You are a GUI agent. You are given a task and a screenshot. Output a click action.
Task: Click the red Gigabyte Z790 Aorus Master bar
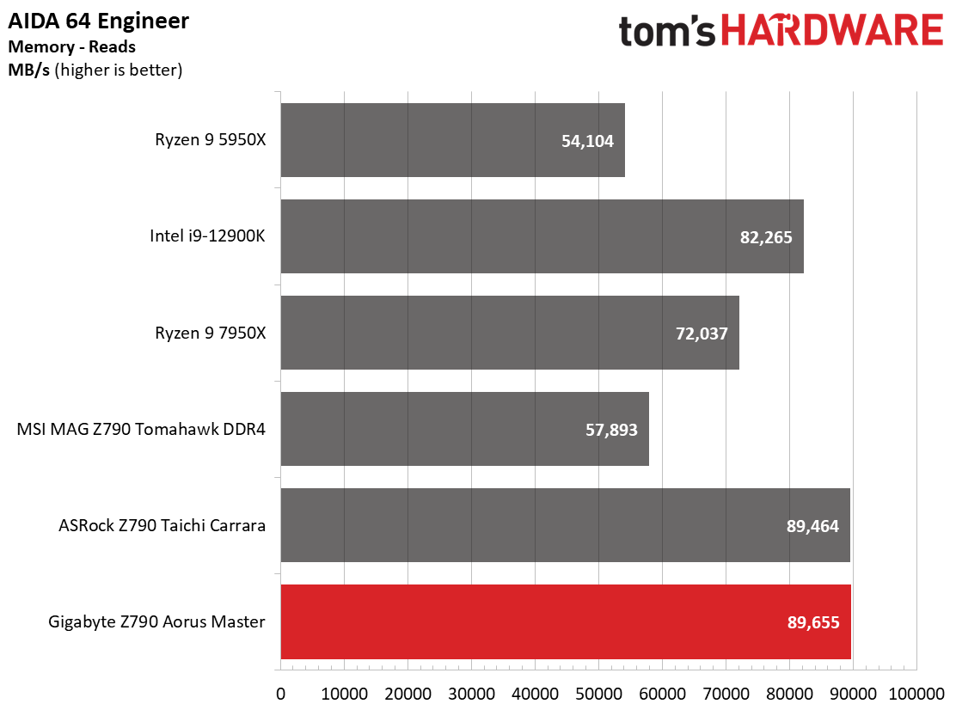pos(566,621)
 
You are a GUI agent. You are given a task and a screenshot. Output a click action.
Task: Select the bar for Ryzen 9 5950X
pos(453,140)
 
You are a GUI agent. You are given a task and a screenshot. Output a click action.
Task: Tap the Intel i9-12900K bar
pos(542,236)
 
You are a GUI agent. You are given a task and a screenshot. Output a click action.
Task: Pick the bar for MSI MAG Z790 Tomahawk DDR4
pos(464,429)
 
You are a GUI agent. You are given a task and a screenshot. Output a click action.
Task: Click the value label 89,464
pos(812,526)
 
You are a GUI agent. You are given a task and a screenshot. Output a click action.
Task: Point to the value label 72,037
pos(702,334)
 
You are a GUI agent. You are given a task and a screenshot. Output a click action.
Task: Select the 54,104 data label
pos(587,141)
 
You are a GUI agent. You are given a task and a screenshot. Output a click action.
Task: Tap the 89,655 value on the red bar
pos(813,622)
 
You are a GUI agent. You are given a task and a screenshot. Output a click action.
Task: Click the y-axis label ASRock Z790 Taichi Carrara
pos(162,525)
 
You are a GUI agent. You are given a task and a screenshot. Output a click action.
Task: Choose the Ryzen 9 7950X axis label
pos(211,333)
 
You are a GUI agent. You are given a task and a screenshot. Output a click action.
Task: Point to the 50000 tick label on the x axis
pos(598,694)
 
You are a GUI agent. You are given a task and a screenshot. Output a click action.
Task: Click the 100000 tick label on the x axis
pos(916,694)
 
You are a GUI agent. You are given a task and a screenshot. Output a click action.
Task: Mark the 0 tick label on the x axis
pos(280,694)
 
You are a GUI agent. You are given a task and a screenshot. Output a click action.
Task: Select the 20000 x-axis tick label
pos(408,694)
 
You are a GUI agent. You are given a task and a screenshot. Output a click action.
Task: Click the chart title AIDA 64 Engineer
pos(99,21)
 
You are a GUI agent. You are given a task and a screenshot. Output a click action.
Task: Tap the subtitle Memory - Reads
pos(72,47)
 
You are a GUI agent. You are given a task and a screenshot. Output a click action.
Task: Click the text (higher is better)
pos(119,70)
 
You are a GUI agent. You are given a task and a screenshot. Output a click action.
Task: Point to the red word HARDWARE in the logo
pos(832,30)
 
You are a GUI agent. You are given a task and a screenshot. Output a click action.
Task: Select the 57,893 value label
pos(611,430)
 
